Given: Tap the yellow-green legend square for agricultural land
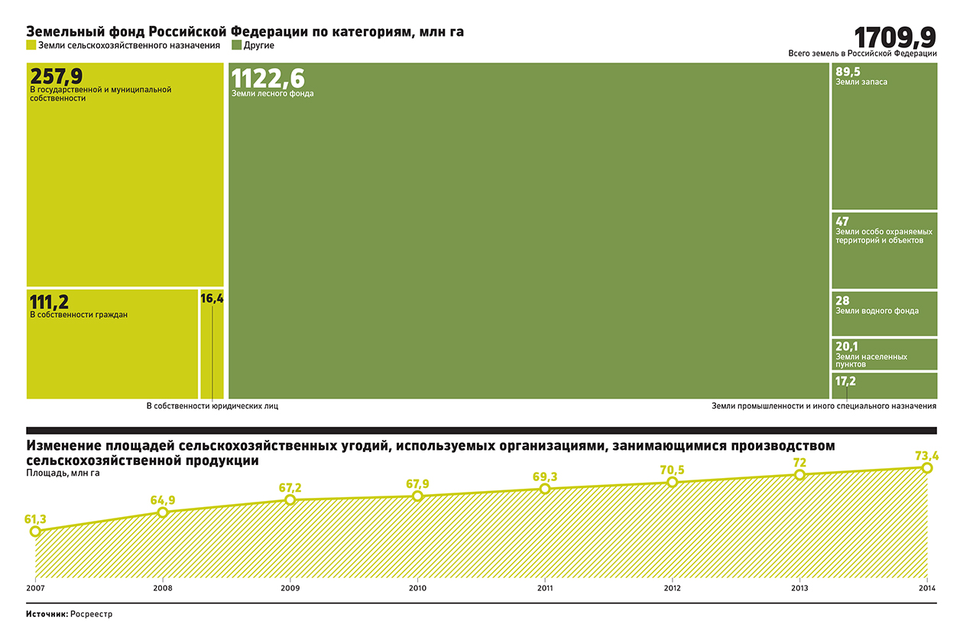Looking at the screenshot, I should coord(31,45).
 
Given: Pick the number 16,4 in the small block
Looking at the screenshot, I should coord(212,299).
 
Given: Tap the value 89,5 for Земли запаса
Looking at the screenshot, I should coord(848,72).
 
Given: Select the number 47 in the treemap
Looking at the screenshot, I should coord(842,222).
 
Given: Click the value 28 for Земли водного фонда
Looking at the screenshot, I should coord(842,301).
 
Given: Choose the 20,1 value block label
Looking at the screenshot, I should coord(847,347).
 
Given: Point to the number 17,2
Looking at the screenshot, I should coord(845,380).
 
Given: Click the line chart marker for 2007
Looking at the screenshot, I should coord(35,532).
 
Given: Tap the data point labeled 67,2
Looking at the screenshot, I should coord(290,499).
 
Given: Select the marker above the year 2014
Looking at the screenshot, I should coord(927,467).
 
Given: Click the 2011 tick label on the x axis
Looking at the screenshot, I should coord(545,588).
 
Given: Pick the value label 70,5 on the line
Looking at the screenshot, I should coord(673,469).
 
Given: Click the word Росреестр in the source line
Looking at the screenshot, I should coord(91,614).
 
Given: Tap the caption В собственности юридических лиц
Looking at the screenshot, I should coord(212,406).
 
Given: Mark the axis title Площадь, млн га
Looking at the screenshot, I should coord(63,473).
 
